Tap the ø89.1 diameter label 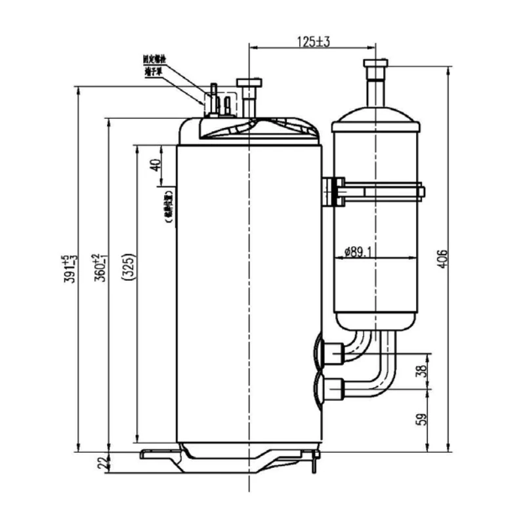(359, 251)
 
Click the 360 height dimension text (100, 267)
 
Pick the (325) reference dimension (129, 267)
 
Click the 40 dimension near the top (156, 165)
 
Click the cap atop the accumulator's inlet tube (375, 63)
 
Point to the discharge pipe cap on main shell (250, 83)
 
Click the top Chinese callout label (154, 58)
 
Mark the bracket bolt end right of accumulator (420, 192)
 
